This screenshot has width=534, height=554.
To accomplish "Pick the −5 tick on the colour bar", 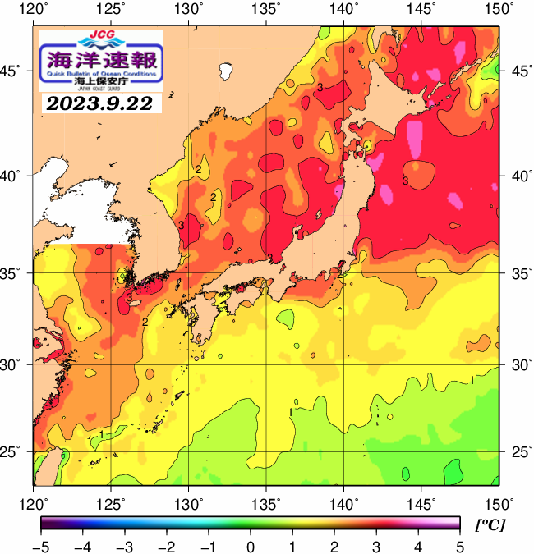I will pos(41,545).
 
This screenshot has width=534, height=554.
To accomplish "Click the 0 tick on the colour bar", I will pos(251,545).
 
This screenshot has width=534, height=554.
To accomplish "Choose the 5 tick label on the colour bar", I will pos(459,545).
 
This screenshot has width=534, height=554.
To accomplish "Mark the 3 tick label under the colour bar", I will pos(375,545).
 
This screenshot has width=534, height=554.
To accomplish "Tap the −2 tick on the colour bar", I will pos(167,545).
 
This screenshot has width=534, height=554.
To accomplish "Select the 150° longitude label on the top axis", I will pos(499,9).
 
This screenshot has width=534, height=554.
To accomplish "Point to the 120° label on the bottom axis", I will pos(34,502).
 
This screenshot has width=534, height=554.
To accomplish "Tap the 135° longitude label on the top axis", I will pos(267,9).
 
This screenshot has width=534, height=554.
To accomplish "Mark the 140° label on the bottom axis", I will pos(344,502).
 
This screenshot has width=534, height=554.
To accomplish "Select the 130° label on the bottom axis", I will pos(189,502).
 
